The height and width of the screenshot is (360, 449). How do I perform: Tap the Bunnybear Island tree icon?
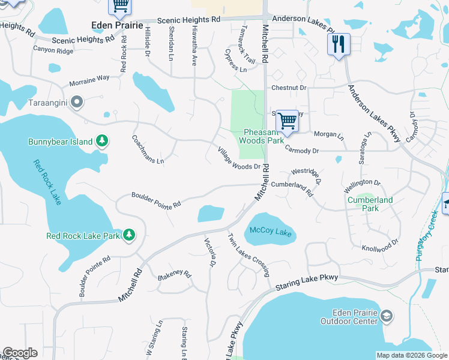point(103,141)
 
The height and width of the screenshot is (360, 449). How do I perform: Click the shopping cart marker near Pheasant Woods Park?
point(288,120)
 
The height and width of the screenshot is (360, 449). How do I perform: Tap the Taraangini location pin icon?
point(76,103)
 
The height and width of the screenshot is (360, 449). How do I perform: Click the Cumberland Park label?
point(370,204)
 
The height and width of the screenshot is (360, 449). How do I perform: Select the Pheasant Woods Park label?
point(261,136)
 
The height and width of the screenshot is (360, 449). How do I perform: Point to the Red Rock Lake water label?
point(47,182)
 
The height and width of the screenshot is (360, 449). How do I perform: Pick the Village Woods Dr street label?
point(239,158)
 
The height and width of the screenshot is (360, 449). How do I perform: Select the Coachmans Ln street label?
point(148,149)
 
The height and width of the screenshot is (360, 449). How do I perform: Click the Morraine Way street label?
point(89,78)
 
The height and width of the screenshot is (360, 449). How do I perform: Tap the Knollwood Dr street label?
point(381,245)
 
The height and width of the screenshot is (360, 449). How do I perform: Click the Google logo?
point(20,353)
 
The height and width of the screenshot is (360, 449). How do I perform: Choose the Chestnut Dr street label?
point(289,88)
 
